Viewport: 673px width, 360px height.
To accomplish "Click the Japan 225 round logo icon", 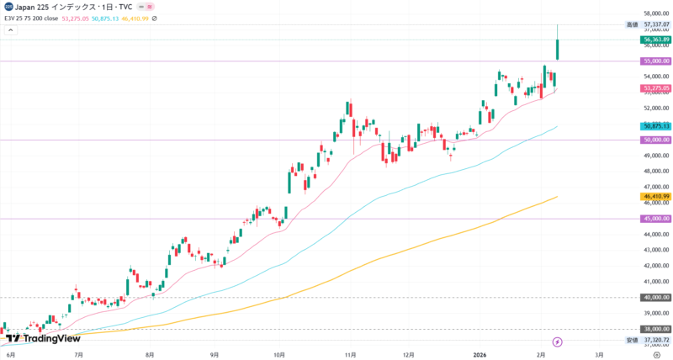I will coord(8,7).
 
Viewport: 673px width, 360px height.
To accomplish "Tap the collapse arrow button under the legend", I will coord(10,30).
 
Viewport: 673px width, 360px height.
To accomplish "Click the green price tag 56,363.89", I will coord(655,40).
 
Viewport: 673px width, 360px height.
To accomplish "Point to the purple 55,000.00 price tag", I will coord(655,61).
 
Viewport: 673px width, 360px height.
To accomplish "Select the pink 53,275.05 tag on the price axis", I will coord(655,88).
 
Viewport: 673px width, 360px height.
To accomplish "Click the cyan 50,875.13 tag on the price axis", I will coord(655,126).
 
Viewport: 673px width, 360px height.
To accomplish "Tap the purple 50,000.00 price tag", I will coord(655,140).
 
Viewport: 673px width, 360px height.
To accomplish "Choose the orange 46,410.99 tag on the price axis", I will coord(655,196).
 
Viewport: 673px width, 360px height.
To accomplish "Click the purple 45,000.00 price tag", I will coord(655,219).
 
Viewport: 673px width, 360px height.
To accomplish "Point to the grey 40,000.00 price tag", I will coord(655,297).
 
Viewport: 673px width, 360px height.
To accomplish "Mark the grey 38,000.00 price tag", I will coord(655,329).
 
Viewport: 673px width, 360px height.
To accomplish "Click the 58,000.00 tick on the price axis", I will coord(655,14).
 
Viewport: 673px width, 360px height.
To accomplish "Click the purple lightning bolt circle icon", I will coord(556,341).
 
